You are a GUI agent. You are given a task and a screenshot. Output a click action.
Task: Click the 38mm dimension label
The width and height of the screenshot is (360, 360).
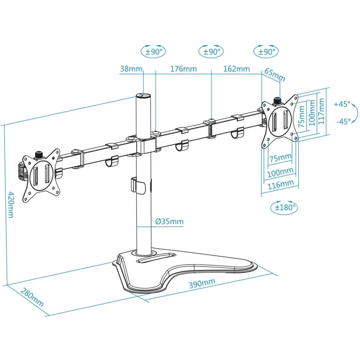click(131, 69)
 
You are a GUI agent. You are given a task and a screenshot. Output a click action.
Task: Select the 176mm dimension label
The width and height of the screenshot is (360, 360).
click(184, 69)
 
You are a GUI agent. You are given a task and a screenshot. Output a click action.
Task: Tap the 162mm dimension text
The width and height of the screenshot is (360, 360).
click(237, 69)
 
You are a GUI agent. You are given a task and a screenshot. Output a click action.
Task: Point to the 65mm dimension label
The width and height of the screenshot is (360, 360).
click(275, 75)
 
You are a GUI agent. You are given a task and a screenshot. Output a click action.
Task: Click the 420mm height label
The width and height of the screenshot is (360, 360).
click(11, 205)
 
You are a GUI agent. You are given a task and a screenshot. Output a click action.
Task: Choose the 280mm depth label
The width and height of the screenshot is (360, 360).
click(32, 297)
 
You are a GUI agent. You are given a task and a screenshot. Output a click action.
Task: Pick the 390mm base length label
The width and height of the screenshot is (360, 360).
click(202, 283)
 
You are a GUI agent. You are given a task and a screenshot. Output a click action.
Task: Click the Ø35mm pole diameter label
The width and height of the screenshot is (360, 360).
click(170, 221)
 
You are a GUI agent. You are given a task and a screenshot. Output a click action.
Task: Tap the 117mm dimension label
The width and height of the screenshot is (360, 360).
click(321, 111)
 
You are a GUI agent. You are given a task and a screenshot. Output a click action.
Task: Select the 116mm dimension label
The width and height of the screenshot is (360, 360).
click(281, 184)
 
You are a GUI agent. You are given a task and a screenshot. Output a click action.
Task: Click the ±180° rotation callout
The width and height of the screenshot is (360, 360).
click(284, 207)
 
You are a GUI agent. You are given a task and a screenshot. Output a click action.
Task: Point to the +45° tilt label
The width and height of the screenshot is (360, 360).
click(342, 104)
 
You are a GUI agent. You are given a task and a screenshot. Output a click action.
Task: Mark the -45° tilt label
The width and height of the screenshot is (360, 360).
click(344, 121)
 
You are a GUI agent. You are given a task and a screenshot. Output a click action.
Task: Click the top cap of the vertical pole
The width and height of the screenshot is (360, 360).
click(143, 95)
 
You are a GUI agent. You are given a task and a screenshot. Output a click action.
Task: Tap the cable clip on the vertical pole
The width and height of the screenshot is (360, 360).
click(138, 185)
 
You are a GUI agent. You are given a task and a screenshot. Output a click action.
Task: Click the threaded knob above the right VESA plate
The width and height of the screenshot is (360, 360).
click(278, 101)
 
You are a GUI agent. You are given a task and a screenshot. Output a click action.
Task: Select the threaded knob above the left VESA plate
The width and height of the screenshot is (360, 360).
click(39, 154)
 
